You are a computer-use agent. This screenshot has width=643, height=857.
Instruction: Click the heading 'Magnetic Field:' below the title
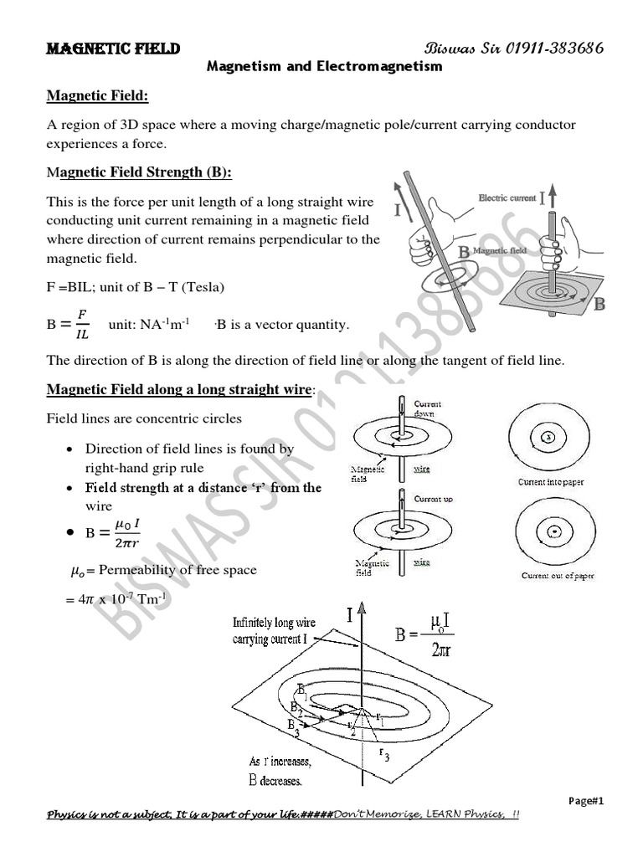(x=97, y=97)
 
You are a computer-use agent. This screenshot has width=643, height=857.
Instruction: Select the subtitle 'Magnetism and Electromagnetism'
(x=324, y=67)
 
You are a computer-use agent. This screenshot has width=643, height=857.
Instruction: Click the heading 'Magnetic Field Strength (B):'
(x=139, y=172)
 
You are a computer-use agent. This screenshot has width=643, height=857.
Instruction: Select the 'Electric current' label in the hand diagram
(x=507, y=198)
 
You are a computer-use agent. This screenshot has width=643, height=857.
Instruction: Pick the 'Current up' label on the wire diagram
(x=433, y=499)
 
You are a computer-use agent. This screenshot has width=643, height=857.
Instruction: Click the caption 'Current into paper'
(x=550, y=483)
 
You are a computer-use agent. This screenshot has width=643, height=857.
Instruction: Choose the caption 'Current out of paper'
(x=558, y=576)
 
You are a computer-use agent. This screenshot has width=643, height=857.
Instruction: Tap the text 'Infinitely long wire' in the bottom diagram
(x=274, y=623)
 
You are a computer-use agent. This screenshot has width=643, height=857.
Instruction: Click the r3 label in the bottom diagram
(x=385, y=754)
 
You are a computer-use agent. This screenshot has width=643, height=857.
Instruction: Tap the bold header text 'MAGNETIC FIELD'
(x=113, y=49)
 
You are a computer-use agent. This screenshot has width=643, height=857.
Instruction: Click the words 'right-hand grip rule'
(x=144, y=468)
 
